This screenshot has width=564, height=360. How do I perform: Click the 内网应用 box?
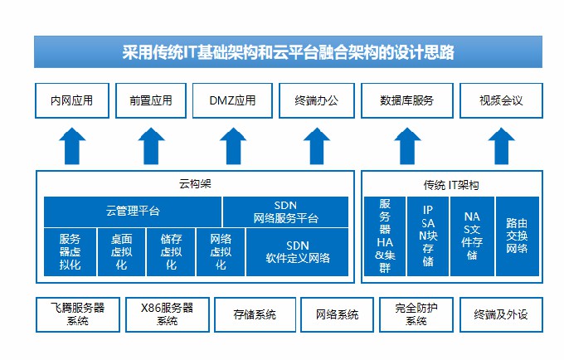(72, 100)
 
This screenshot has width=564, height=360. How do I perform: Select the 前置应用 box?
(151, 100)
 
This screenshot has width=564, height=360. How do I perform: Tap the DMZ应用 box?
(232, 100)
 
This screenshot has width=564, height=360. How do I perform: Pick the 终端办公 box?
(317, 100)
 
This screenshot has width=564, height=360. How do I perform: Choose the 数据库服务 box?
(406, 100)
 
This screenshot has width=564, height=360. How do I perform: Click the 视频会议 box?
(501, 100)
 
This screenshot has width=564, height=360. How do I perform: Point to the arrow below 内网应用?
(72, 146)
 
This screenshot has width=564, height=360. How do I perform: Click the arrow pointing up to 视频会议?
(502, 146)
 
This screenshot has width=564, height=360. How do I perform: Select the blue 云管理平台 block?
(133, 212)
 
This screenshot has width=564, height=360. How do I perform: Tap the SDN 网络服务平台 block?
(285, 212)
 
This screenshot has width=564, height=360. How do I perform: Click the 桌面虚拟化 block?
(121, 252)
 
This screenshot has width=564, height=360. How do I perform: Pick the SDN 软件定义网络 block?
(297, 252)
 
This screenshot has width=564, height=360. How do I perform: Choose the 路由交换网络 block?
(518, 236)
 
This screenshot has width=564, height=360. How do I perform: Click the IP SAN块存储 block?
(428, 236)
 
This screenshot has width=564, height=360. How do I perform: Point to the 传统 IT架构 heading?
(451, 185)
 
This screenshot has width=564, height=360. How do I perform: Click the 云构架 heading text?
(195, 184)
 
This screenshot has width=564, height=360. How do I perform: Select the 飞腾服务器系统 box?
(78, 314)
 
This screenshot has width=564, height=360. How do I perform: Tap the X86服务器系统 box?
(168, 314)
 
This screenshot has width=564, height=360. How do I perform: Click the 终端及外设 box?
(501, 314)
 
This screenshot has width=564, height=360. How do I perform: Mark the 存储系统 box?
(255, 314)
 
